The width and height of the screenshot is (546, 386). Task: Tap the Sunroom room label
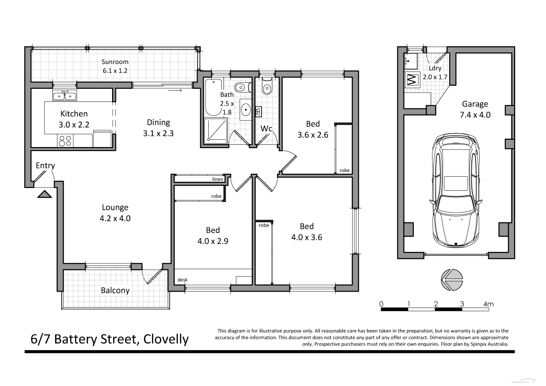tap(115, 62)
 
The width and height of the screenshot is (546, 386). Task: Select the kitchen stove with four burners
tap(65, 141)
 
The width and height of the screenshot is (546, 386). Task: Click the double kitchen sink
tap(65, 96)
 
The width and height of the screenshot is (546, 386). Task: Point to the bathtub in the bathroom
tap(214, 98)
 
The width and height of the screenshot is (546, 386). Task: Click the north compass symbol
tap(451, 279)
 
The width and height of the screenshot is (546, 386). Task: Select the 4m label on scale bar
tap(488, 304)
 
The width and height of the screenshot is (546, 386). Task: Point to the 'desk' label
tap(182, 280)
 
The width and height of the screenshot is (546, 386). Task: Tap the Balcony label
tap(115, 290)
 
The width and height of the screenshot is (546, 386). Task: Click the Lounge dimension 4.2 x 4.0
tap(115, 217)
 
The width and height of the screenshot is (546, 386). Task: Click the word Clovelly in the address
tap(166, 339)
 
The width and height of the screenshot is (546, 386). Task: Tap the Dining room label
tap(158, 122)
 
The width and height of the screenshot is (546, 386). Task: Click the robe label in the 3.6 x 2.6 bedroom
tap(345, 170)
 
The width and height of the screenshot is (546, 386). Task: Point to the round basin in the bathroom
tap(246, 110)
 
